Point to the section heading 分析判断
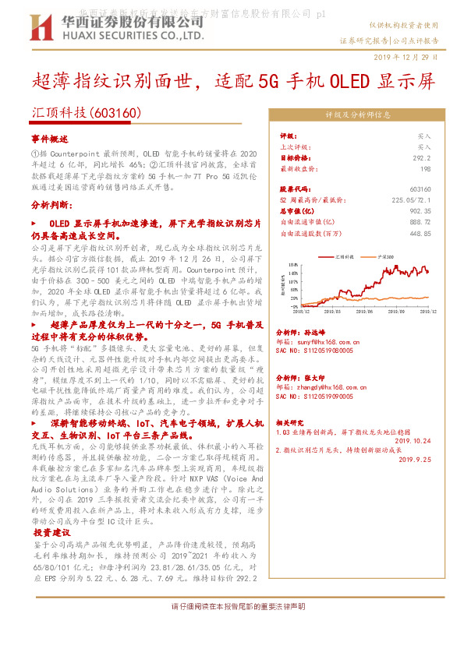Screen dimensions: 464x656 pyautogui.click(x=51, y=204)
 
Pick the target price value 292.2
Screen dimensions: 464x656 pyautogui.click(x=422, y=157)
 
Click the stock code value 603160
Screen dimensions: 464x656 pyautogui.click(x=420, y=189)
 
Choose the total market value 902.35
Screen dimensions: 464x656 pyautogui.click(x=420, y=210)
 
